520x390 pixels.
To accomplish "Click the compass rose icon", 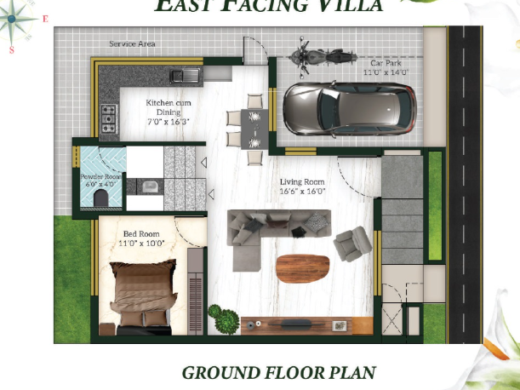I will (x=17, y=26).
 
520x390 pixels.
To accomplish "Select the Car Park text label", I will (x=386, y=63).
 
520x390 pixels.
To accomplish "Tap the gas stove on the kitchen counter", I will (x=110, y=118).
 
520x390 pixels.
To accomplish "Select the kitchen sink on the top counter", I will (x=189, y=76).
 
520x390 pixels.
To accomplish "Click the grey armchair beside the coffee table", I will (x=351, y=245).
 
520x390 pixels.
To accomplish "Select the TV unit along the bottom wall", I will (x=306, y=324).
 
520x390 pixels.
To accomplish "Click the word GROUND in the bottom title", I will (x=220, y=373).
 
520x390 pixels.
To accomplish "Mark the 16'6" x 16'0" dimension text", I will (x=303, y=192).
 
